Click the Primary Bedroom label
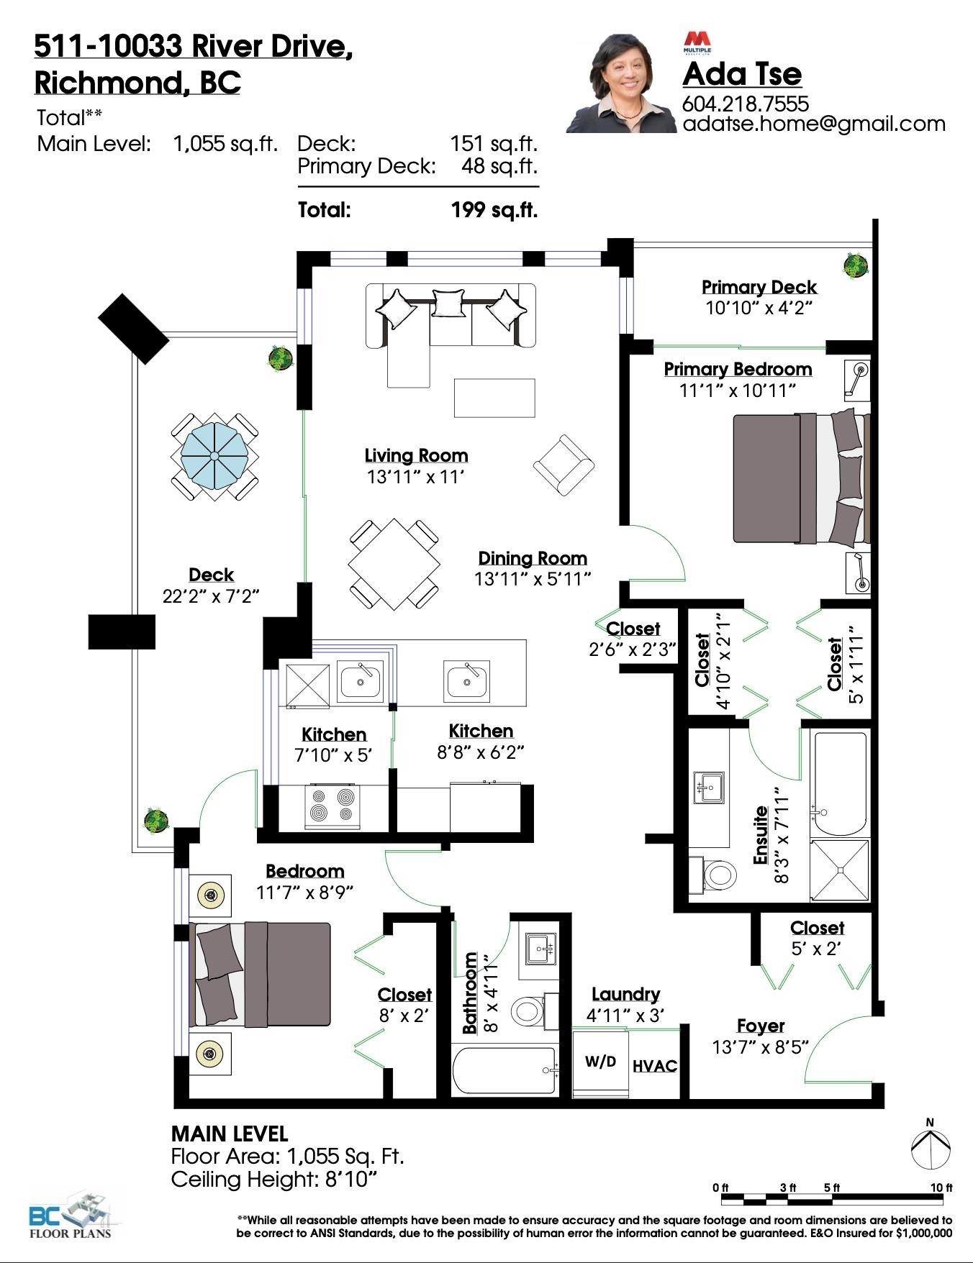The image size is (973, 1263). (738, 369)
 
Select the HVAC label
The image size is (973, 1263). (655, 1066)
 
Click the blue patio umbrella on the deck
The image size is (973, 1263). (214, 456)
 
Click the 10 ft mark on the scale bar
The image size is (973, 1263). (941, 1187)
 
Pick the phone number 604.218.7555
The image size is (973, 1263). (746, 104)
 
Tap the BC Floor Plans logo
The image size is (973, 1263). (71, 1216)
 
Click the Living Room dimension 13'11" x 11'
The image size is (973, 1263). (416, 477)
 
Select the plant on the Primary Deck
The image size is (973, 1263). (856, 265)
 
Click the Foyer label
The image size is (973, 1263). (761, 1026)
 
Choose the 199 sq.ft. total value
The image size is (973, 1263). (494, 210)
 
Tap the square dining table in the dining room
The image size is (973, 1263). (394, 564)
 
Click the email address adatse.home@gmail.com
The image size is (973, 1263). (814, 124)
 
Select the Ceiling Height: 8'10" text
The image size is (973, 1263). (274, 1180)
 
